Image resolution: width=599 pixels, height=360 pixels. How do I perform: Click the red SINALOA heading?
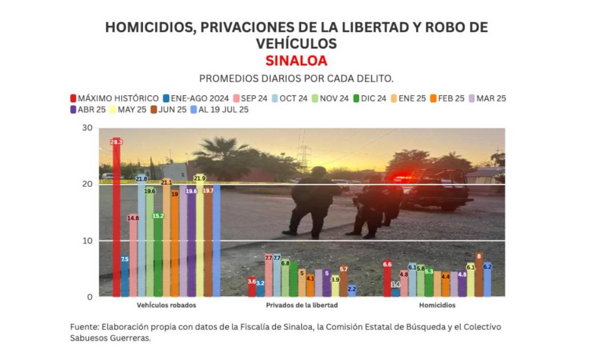(296, 61)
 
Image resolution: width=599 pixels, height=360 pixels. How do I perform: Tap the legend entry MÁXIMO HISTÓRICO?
(114, 98)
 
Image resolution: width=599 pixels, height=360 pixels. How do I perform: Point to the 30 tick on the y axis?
(87, 128)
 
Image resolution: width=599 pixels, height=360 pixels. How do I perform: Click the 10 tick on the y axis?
(87, 241)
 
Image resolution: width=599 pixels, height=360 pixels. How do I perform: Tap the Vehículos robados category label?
(166, 305)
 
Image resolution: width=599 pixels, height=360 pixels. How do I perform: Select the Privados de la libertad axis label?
(302, 305)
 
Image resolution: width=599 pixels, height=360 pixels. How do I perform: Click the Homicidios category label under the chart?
(437, 305)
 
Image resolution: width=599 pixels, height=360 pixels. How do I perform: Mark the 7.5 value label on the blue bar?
(125, 259)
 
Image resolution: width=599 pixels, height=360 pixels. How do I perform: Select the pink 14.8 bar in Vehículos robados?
(133, 257)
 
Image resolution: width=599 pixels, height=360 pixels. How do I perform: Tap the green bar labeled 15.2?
(158, 257)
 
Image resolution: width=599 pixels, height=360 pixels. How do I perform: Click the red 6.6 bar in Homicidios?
(388, 280)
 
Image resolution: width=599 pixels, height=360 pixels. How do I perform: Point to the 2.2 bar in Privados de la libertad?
(352, 291)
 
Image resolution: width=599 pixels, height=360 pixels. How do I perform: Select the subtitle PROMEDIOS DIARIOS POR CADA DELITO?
(296, 78)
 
